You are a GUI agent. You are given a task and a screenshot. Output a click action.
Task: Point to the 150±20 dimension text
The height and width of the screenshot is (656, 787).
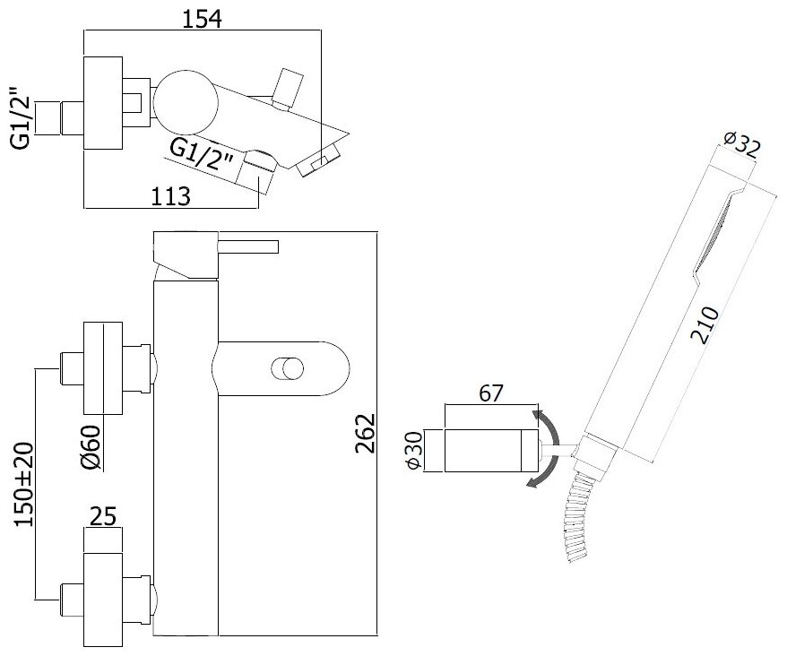tap(26, 482)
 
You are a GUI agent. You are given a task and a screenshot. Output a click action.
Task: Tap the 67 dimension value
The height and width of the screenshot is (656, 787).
tap(491, 393)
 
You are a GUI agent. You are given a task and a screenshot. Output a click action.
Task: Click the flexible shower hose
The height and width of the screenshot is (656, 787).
tap(575, 519)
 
